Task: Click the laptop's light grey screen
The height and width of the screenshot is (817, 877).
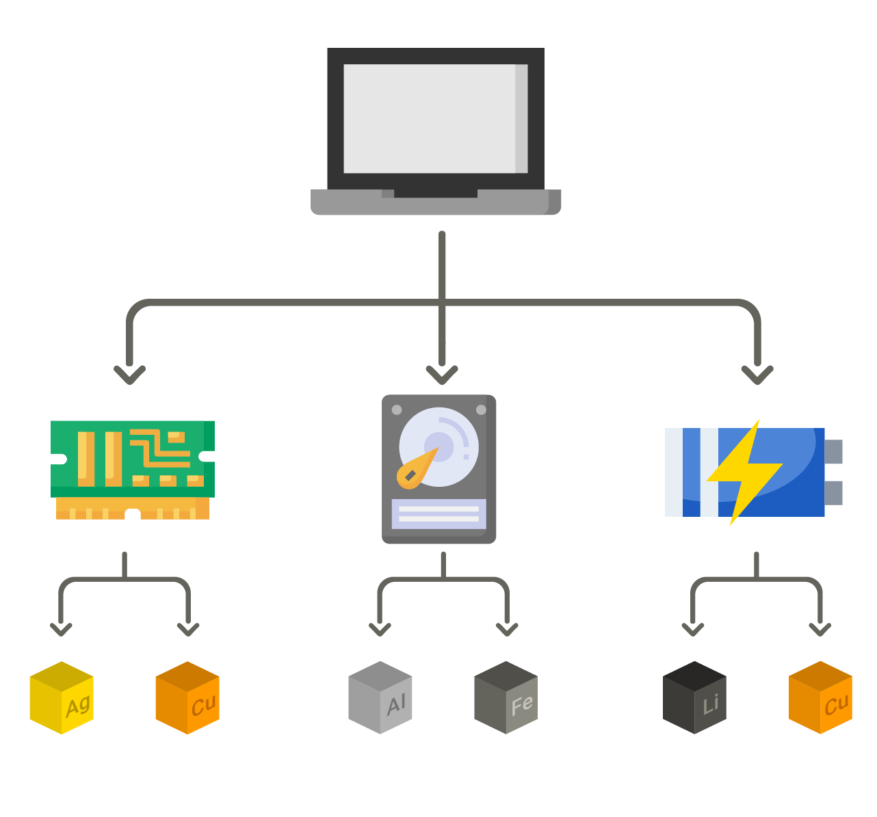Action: point(430,118)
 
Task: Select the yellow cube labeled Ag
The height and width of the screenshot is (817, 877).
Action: point(62,698)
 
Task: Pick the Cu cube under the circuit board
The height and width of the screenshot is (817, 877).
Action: point(187,698)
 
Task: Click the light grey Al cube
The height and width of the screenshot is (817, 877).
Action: point(380,698)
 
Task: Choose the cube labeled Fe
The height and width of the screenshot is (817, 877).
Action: point(506,698)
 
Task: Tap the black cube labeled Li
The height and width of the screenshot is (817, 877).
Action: point(694,698)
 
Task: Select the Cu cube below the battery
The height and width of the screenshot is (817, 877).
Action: point(820,698)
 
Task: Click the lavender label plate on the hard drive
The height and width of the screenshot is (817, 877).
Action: point(438,513)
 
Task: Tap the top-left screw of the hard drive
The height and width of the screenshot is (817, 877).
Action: point(397,410)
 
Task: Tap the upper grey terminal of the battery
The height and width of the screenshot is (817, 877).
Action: point(834,451)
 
